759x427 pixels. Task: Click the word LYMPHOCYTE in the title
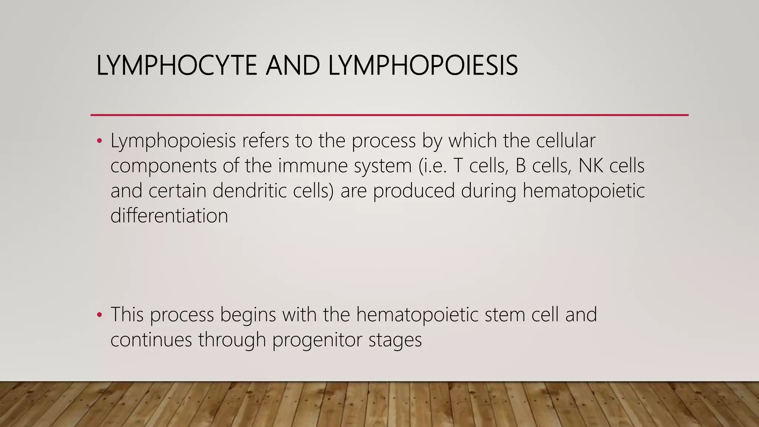click(176, 66)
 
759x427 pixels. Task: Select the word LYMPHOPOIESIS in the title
click(423, 66)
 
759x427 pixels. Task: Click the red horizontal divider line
click(389, 115)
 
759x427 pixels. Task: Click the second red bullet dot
click(99, 315)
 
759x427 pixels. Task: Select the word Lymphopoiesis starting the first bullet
click(173, 141)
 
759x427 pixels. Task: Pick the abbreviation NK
click(591, 166)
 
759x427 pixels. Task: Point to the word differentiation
click(169, 215)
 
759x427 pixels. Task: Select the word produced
click(414, 191)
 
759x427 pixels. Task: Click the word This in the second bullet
click(127, 314)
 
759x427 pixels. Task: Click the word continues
click(151, 339)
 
